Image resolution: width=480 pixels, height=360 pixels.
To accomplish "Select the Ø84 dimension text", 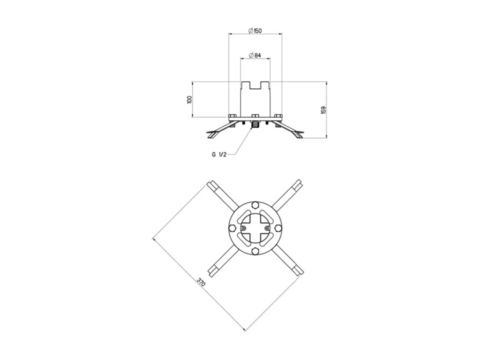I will point(256,56).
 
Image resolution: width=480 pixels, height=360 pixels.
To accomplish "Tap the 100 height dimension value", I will point(189,99).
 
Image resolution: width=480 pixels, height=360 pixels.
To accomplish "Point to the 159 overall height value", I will point(323,110).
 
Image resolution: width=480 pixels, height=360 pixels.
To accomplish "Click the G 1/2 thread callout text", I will point(219,154).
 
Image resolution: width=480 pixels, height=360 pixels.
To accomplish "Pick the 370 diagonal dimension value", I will point(201,283).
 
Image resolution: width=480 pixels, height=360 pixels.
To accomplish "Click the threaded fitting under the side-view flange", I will point(256,124).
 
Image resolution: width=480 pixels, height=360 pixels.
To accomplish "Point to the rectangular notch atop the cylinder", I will point(256,85).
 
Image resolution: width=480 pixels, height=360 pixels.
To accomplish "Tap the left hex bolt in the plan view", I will point(232,228).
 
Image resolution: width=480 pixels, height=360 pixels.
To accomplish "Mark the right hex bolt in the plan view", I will point(278,228).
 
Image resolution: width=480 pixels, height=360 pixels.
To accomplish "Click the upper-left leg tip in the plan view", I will point(211,184).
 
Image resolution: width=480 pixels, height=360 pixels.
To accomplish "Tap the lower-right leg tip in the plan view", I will point(300,272).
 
